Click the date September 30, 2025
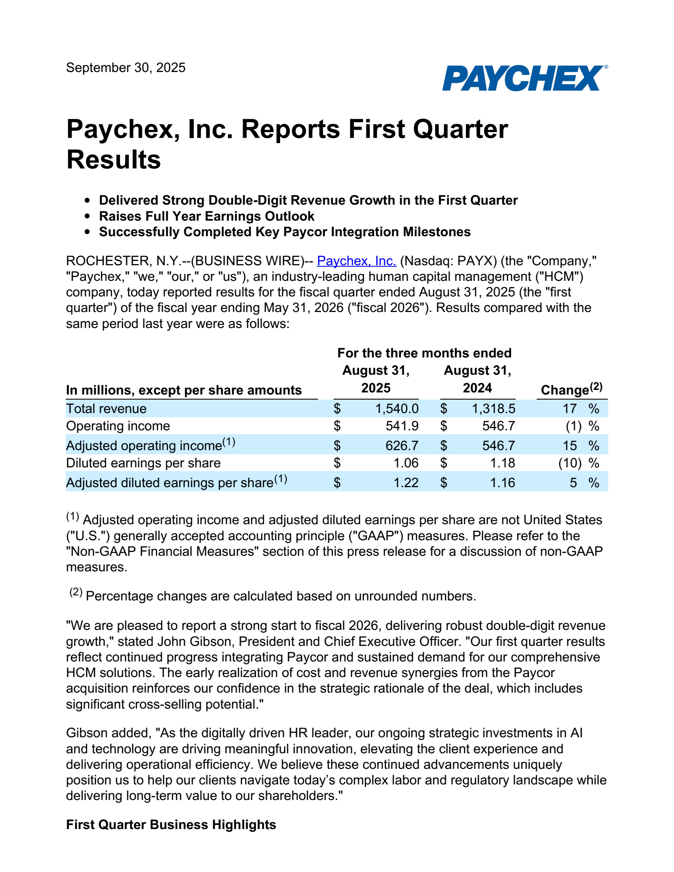(x=126, y=68)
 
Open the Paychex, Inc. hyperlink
(x=356, y=261)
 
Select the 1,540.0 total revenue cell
(x=397, y=408)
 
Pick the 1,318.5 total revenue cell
(x=493, y=408)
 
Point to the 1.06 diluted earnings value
(x=406, y=463)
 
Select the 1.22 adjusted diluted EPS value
(x=406, y=483)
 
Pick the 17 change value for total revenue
(x=570, y=408)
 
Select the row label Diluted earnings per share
(x=143, y=463)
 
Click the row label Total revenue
(x=106, y=408)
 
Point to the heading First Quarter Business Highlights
(x=171, y=824)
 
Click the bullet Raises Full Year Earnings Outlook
(x=206, y=216)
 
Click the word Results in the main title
(x=114, y=160)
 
